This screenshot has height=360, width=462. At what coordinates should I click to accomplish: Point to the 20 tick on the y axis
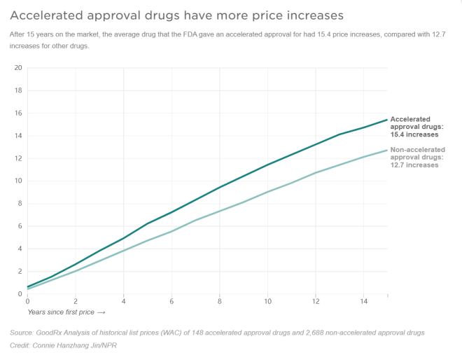[18, 68]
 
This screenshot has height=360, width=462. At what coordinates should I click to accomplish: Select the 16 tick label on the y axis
[18, 113]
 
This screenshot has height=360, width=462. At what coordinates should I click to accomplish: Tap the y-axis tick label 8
[20, 203]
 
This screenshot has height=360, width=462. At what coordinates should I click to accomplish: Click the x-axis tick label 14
[363, 301]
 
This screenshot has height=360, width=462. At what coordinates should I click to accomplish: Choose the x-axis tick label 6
[171, 301]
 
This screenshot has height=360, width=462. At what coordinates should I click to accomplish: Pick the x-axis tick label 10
[267, 301]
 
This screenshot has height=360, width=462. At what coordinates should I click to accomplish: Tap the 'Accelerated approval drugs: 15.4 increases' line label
[414, 127]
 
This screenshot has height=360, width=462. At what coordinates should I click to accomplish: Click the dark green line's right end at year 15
[387, 120]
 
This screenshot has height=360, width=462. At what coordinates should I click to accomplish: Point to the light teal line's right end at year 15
[387, 150]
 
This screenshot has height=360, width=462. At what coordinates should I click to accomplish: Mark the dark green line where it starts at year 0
[28, 286]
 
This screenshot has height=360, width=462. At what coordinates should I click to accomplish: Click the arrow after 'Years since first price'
[101, 312]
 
